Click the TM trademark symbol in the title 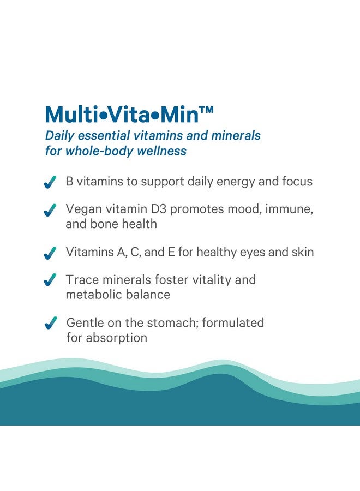pyautogui.click(x=206, y=110)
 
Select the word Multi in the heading pyautogui.click(x=71, y=115)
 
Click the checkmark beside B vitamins pyautogui.click(x=50, y=182)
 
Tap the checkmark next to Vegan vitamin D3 pyautogui.click(x=50, y=210)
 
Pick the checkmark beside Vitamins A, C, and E pyautogui.click(x=50, y=253)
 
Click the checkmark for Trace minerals pyautogui.click(x=50, y=280)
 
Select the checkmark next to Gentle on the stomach pyautogui.click(x=51, y=323)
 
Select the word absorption pyautogui.click(x=116, y=338)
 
